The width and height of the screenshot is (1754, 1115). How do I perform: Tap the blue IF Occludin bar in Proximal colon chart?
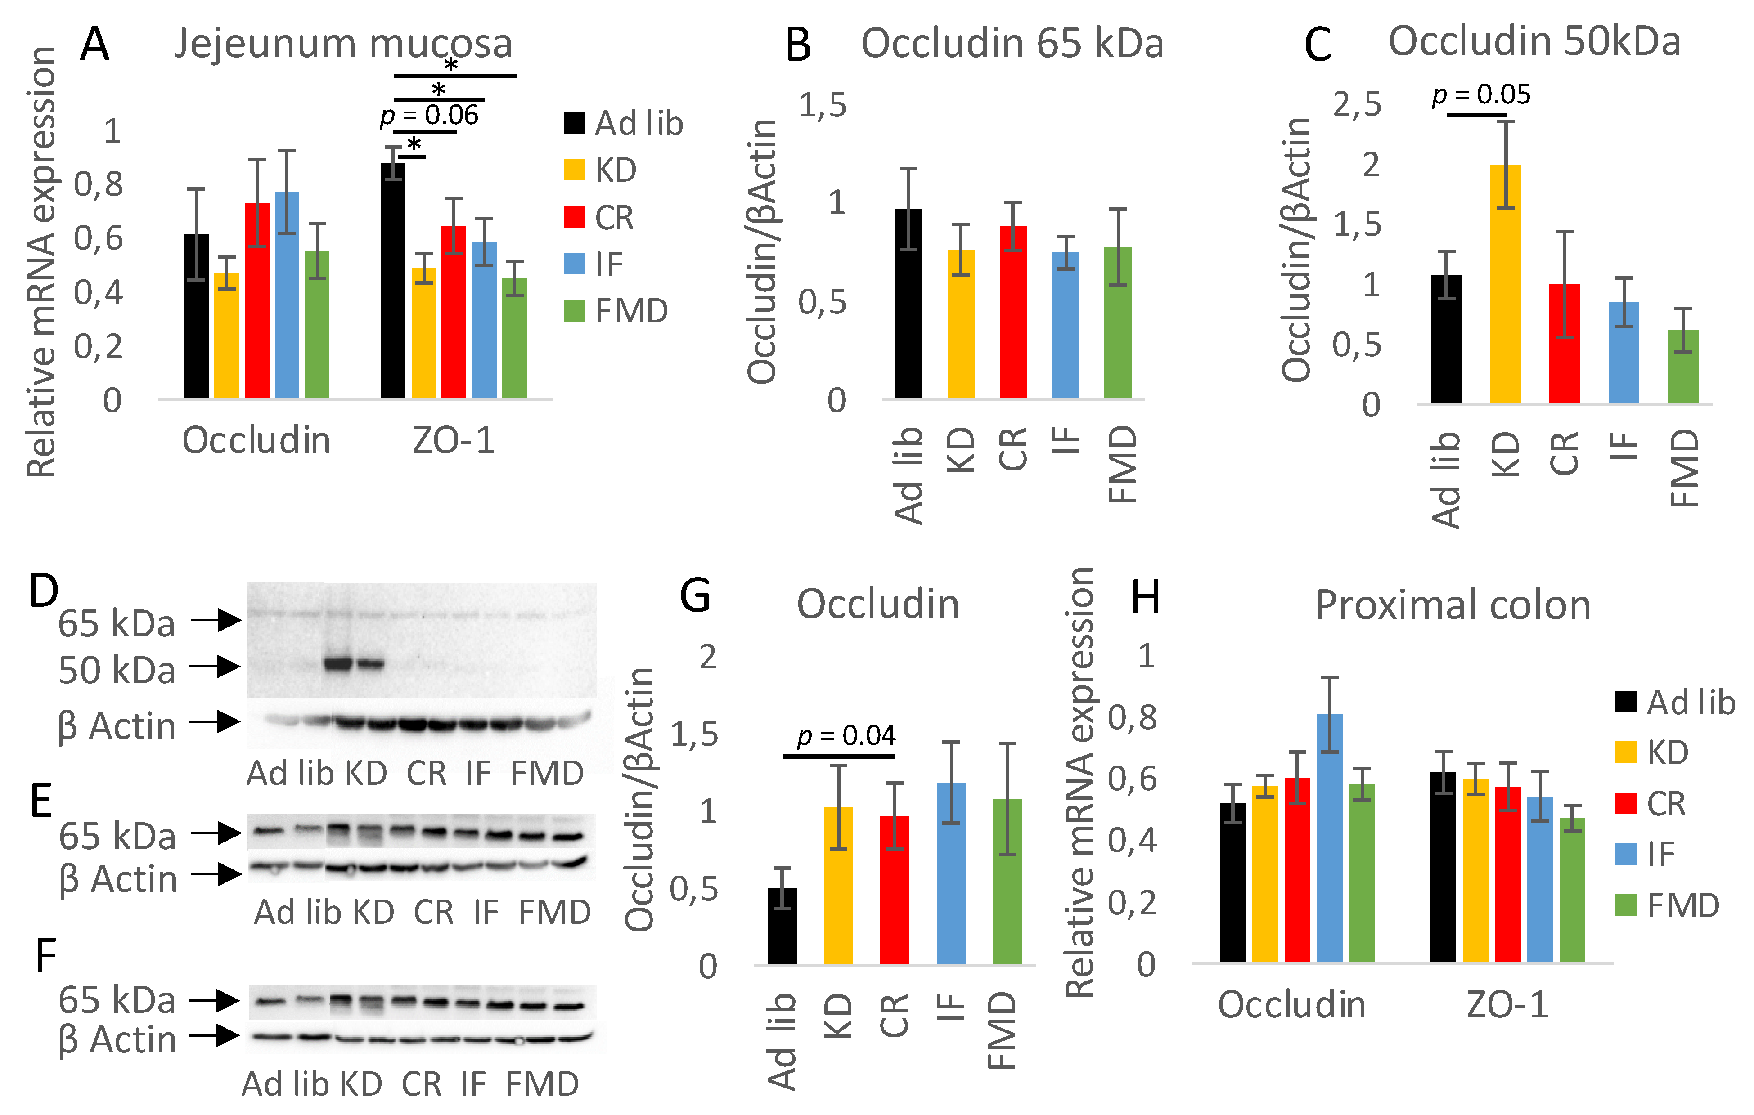pyautogui.click(x=1329, y=837)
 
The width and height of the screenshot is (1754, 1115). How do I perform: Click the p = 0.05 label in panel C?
pyautogui.click(x=1481, y=94)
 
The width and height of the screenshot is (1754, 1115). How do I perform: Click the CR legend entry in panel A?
pyautogui.click(x=599, y=217)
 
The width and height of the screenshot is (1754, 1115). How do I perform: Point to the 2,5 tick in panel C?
pyautogui.click(x=1356, y=104)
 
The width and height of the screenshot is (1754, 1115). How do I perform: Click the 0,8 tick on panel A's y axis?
pyautogui.click(x=99, y=184)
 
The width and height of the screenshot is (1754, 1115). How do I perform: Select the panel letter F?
pyautogui.click(x=45, y=955)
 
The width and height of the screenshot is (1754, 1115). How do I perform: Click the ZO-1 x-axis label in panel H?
pyautogui.click(x=1507, y=1005)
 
